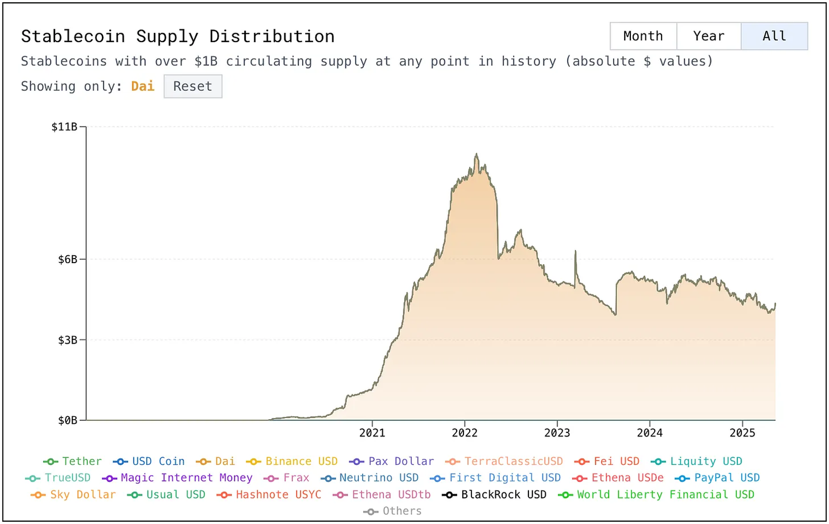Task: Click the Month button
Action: point(643,36)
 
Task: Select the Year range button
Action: point(709,36)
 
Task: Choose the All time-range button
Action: point(774,36)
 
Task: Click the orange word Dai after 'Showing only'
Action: point(143,86)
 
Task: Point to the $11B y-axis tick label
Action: point(64,127)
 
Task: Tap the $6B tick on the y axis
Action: point(67,260)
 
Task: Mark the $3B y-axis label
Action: point(67,340)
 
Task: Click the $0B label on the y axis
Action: point(67,420)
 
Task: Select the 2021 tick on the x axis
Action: point(372,433)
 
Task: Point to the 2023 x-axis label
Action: point(557,433)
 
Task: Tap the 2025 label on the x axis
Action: point(742,433)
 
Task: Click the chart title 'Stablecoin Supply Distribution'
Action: point(178,36)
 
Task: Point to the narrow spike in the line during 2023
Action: point(575,253)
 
